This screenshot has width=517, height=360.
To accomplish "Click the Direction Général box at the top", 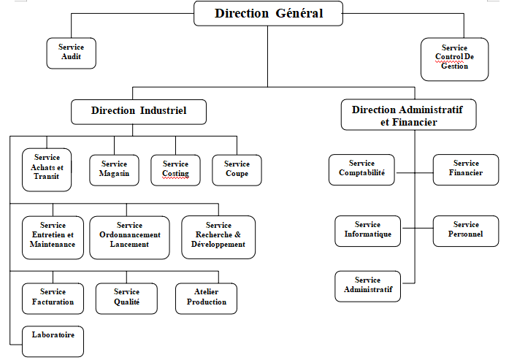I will point(269,13).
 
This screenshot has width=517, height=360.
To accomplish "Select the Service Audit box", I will point(71,53).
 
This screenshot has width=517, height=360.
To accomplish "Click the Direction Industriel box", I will point(139,111).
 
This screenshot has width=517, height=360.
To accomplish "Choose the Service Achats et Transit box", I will point(47,168).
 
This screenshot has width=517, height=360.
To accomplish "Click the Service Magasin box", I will point(114,169).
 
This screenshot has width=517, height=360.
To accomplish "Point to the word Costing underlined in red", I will point(175,174).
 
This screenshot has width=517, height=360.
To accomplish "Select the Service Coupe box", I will point(237,169).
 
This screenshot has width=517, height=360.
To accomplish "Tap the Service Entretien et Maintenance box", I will point(53,236).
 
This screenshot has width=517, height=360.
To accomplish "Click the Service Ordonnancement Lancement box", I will point(129,236).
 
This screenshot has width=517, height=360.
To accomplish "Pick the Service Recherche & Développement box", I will point(218,236).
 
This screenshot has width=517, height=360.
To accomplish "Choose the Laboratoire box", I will point(53,340).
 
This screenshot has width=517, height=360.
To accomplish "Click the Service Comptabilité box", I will point(361,169).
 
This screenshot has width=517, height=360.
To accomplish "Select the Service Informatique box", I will point(367,230).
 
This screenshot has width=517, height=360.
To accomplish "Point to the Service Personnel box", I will point(466,230).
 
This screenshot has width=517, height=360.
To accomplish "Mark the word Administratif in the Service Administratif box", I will point(367,290).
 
